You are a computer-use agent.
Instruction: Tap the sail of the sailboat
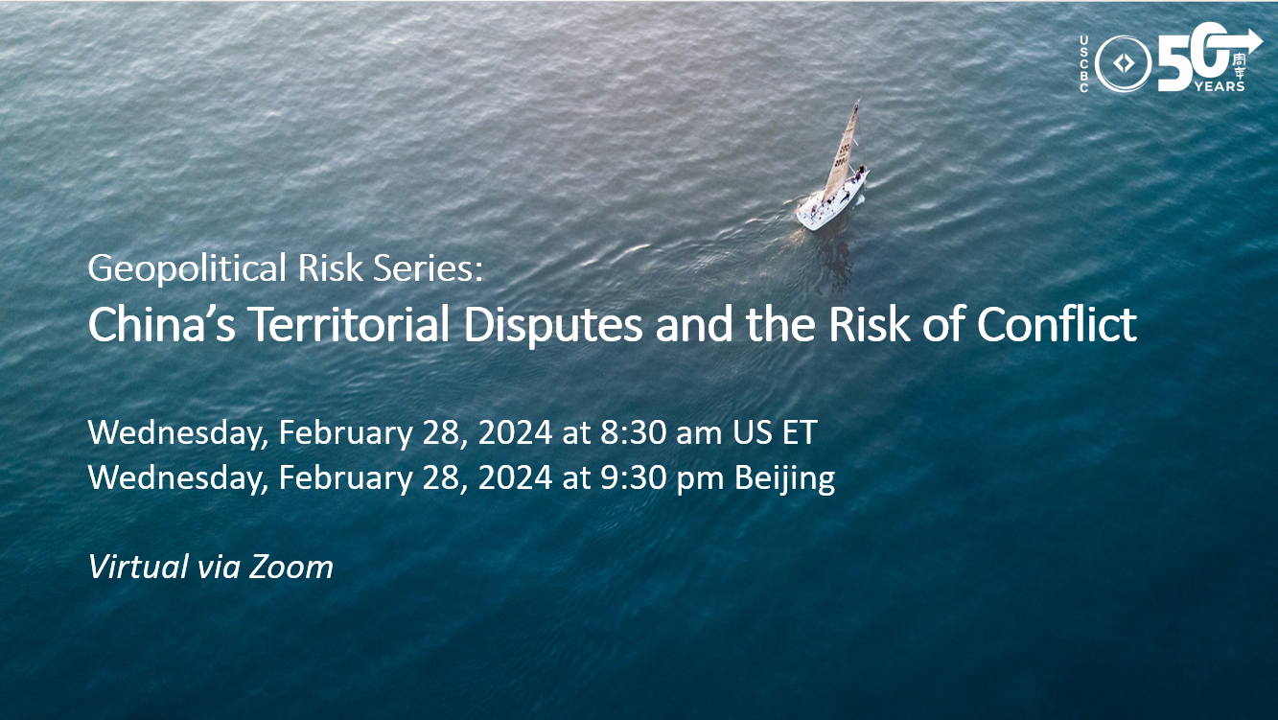[x=842, y=152]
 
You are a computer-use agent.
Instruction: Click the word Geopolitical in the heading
[x=187, y=268]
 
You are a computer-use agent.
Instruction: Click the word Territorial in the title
[x=349, y=324]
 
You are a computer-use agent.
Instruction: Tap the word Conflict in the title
[x=1057, y=323]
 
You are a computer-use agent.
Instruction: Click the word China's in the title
[x=161, y=324]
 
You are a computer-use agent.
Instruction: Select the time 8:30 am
[x=661, y=432]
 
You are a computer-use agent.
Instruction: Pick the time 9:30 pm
[x=662, y=477]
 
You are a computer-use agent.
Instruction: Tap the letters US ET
[x=775, y=432]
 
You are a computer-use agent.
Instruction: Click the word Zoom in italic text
[x=290, y=568]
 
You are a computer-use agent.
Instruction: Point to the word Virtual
[x=138, y=567]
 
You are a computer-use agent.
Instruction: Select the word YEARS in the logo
[x=1220, y=86]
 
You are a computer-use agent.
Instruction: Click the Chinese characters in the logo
[x=1240, y=66]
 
